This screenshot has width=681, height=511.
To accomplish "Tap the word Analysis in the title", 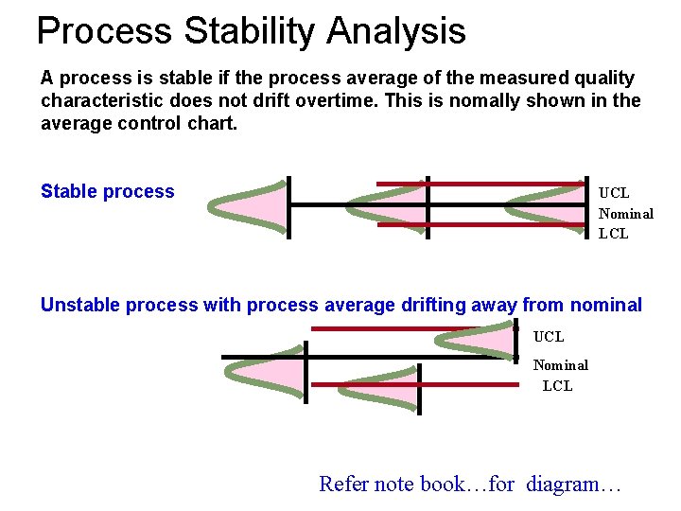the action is [396, 31].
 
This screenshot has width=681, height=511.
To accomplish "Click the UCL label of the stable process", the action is [614, 193].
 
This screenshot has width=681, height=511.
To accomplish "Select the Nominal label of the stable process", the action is [625, 214].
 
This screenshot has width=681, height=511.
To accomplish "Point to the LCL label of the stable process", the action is [613, 234].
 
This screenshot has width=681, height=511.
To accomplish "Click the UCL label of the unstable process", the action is [549, 336].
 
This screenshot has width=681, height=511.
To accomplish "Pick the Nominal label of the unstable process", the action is [560, 365].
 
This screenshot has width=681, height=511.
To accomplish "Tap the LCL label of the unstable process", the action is [557, 386].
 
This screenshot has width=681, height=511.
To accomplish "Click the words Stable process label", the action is [108, 192].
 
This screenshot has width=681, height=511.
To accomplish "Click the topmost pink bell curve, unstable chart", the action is [487, 342].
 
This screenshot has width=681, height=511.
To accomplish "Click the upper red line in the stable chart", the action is [482, 184].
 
